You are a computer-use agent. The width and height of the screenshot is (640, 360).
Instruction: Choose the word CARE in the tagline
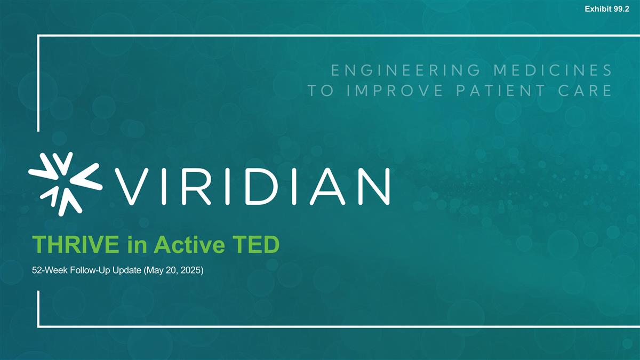(587, 91)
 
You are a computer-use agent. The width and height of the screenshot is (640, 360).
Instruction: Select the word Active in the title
(187, 246)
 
